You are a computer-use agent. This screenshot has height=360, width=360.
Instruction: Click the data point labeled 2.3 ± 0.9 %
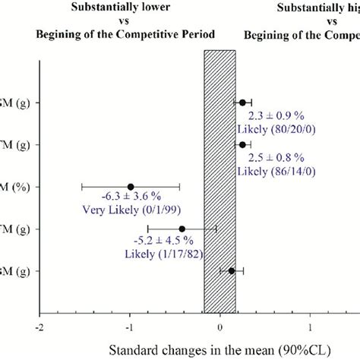point(243,103)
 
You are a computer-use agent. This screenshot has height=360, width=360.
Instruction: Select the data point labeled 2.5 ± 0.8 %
point(243,144)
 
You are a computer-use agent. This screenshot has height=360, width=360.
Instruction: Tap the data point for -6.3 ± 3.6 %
point(131,186)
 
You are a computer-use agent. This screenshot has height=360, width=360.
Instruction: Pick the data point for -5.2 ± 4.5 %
point(182,229)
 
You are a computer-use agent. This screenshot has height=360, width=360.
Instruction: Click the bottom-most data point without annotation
point(232,270)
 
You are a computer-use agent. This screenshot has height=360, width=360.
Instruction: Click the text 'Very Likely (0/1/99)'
point(131,213)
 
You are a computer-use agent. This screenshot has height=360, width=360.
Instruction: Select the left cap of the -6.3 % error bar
point(82,186)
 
